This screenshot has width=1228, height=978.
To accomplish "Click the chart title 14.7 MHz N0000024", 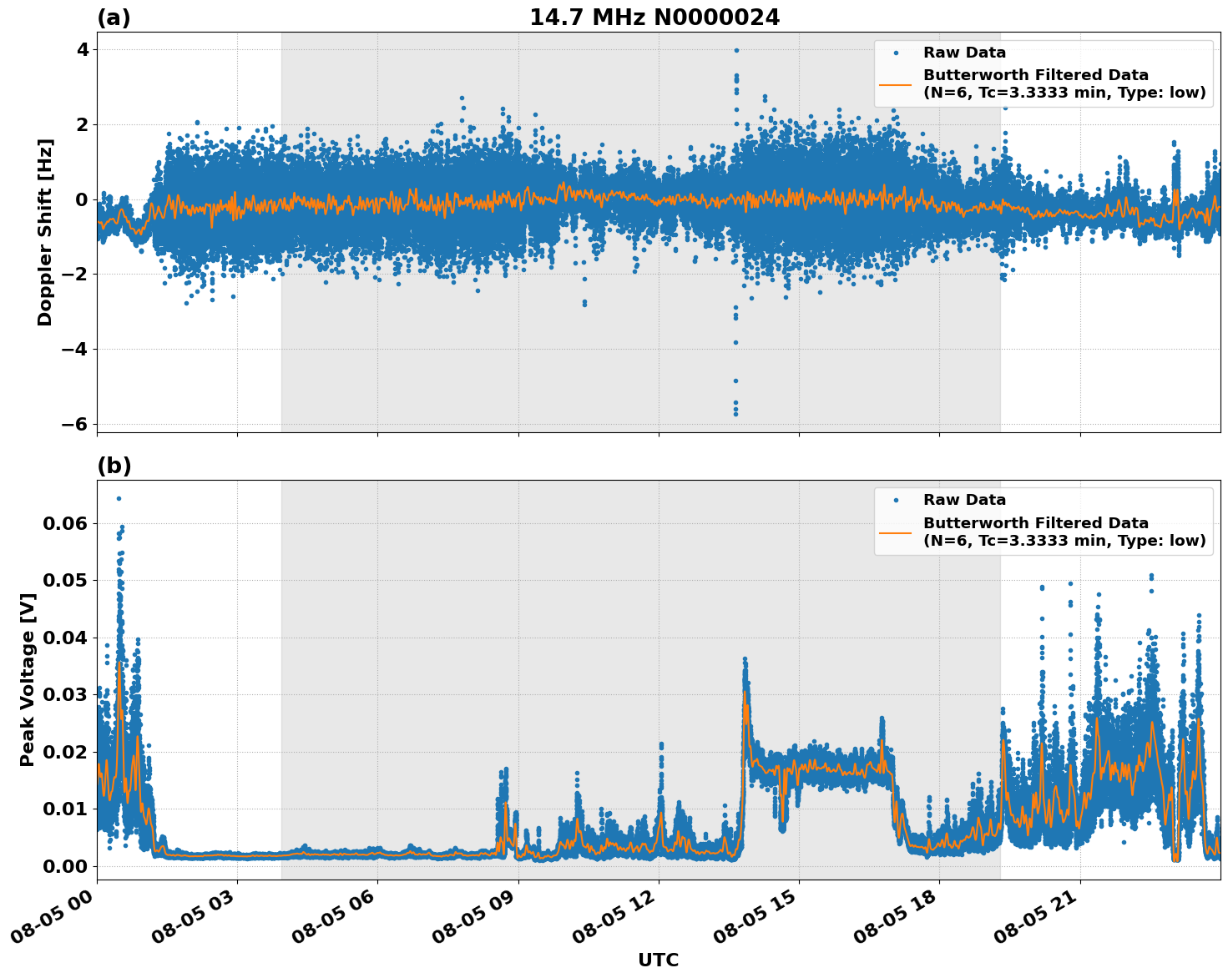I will (654, 18).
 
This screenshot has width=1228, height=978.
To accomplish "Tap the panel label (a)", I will (114, 18).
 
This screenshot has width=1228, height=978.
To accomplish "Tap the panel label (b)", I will (114, 466).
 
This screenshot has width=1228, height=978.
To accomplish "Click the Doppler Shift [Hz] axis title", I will (45, 232).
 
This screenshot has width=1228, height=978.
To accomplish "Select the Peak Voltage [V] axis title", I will (28, 679).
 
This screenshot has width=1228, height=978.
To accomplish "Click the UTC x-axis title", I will (658, 960).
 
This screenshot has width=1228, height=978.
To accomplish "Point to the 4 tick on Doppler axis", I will (82, 50).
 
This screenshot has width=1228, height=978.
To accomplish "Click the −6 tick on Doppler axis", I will (75, 424).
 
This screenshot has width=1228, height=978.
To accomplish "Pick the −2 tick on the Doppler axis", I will (75, 275).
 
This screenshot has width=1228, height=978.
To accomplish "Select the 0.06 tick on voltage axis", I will (65, 523).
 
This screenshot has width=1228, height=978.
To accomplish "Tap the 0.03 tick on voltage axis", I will (65, 695).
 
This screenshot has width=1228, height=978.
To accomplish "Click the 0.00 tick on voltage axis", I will (65, 866).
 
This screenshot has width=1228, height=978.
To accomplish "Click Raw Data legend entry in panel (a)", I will (964, 53).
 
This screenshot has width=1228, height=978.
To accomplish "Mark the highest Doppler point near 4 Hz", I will (736, 50).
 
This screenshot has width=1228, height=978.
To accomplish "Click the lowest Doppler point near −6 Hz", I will (735, 414).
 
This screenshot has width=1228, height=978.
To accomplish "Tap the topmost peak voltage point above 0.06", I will (119, 498).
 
